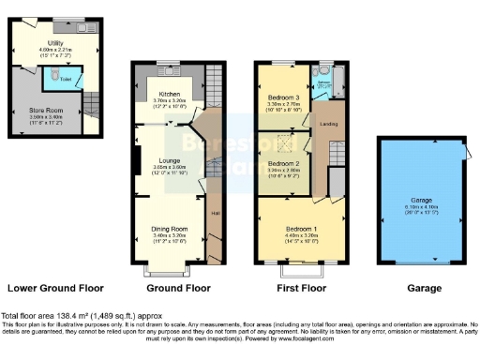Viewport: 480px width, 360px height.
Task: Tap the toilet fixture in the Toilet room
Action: [56, 76]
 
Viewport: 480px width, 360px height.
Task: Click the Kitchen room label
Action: [169, 95]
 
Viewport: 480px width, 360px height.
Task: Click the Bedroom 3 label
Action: [282, 97]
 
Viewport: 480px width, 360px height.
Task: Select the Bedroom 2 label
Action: [282, 163]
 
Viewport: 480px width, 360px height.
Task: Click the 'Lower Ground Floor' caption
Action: [55, 288]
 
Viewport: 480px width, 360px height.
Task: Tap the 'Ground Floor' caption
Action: [178, 288]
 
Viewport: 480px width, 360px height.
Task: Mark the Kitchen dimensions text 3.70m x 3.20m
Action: [169, 101]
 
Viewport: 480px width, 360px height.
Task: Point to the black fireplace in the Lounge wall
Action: [138, 166]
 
